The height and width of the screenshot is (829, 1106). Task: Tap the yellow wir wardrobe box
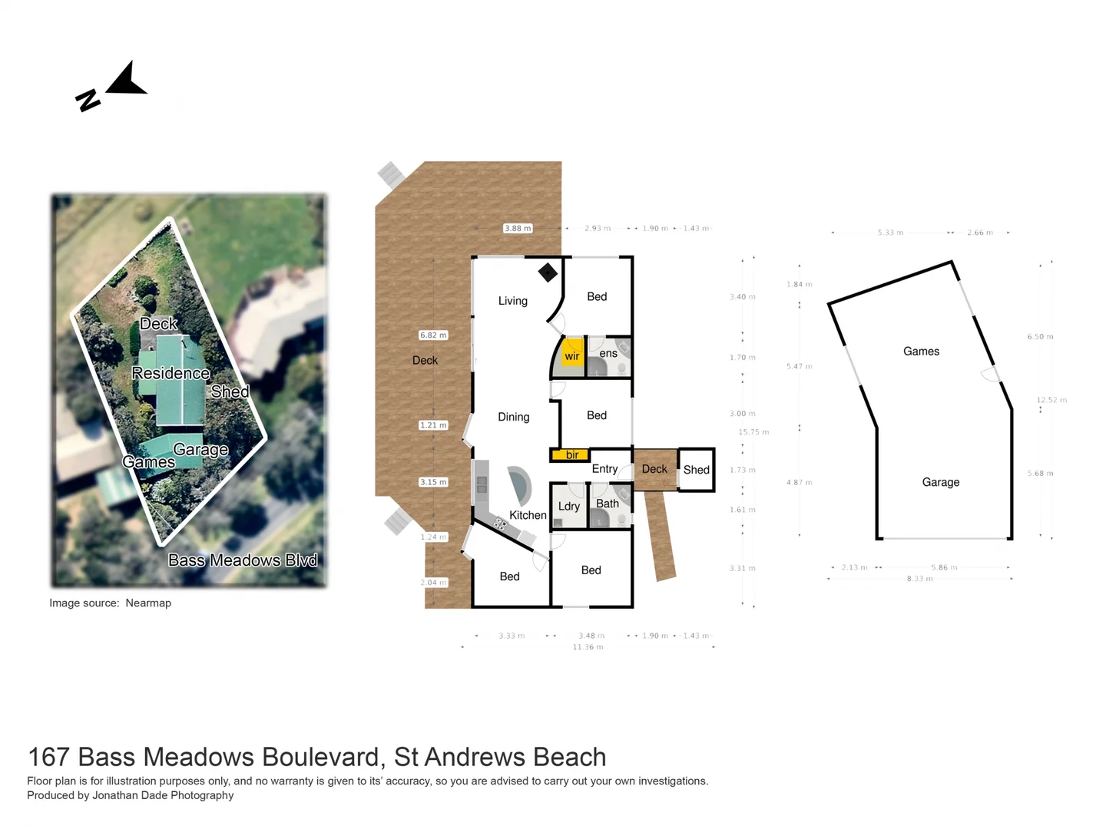572,355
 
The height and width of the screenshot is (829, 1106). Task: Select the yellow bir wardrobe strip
570,455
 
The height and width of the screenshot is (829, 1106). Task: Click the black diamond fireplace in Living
548,272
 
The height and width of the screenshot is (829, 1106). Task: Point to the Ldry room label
568,507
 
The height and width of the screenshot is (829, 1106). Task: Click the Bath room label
607,504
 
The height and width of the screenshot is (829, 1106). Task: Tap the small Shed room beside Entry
696,470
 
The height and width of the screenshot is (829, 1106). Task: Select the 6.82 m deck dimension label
433,335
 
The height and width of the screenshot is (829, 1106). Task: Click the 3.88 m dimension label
518,228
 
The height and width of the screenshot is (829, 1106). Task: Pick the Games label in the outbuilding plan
921,352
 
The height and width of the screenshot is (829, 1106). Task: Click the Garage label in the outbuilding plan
940,482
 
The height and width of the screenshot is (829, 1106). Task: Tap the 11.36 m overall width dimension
588,647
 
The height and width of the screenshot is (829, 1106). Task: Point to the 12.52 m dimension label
1051,400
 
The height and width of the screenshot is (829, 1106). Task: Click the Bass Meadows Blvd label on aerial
243,560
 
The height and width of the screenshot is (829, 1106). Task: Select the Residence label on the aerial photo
171,373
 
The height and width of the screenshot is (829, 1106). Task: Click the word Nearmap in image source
148,603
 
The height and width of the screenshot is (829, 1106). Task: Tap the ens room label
608,353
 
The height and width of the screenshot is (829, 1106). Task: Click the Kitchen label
528,515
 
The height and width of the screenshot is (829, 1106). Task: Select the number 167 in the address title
49,757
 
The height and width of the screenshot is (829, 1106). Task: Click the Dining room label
513,417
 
